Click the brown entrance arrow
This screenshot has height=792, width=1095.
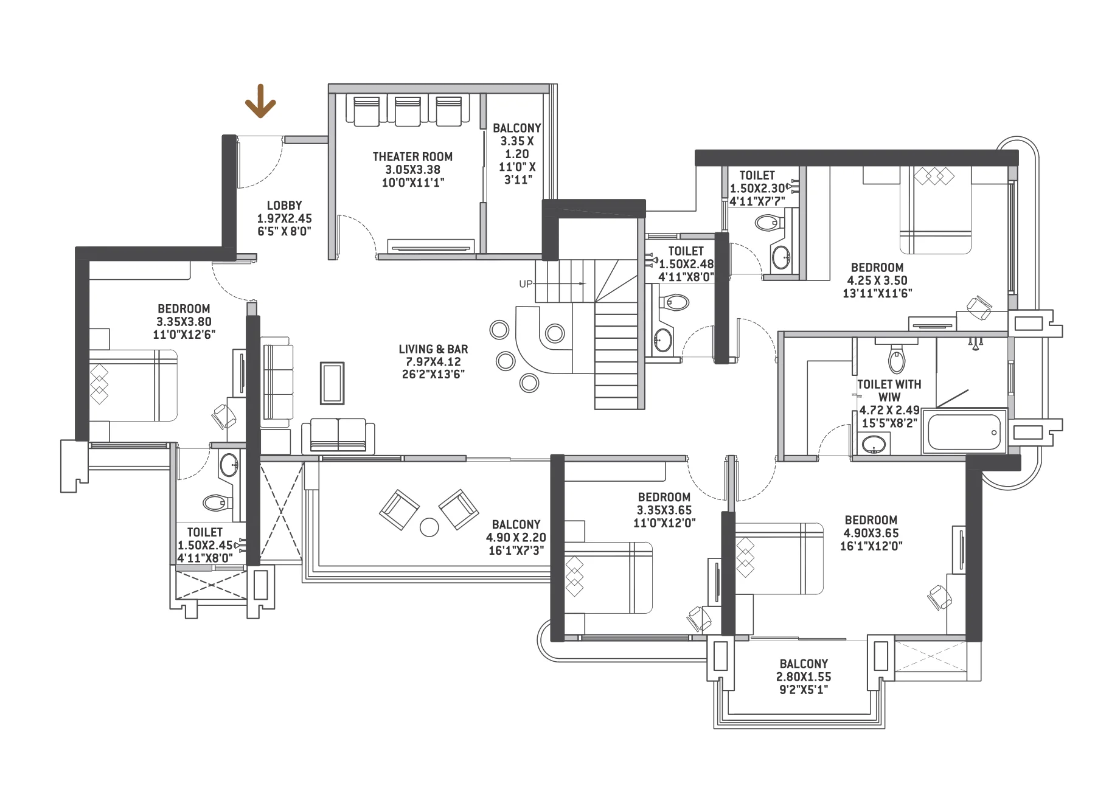260,102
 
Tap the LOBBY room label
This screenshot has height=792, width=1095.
284,206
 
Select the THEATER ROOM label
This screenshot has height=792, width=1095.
412,156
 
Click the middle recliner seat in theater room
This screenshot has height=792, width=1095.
408,111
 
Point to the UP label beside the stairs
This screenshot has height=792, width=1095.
526,284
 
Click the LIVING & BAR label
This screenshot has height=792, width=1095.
433,349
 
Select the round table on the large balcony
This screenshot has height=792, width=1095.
429,527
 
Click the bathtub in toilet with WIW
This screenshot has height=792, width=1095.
964,432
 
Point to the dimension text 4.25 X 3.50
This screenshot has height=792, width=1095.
877,280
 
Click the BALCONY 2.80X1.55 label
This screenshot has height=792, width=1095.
804,664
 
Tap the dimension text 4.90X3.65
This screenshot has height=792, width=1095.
871,533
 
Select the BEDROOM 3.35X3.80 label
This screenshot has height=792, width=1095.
184,308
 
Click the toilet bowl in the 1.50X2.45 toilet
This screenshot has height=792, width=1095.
217,502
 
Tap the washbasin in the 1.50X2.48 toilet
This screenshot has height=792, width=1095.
662,340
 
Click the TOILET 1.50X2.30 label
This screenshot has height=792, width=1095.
757,176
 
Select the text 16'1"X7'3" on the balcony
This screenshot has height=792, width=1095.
515,551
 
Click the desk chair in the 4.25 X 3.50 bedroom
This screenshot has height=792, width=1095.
978,307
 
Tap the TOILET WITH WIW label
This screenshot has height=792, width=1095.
889,391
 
